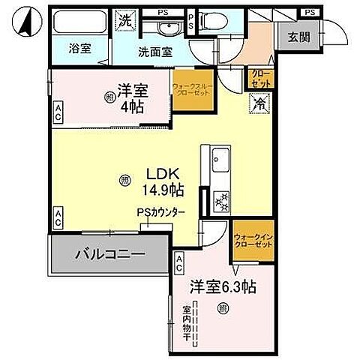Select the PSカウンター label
(160, 212)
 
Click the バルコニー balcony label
(109, 255)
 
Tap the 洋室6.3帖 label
(223, 286)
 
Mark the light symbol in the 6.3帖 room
(223, 308)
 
